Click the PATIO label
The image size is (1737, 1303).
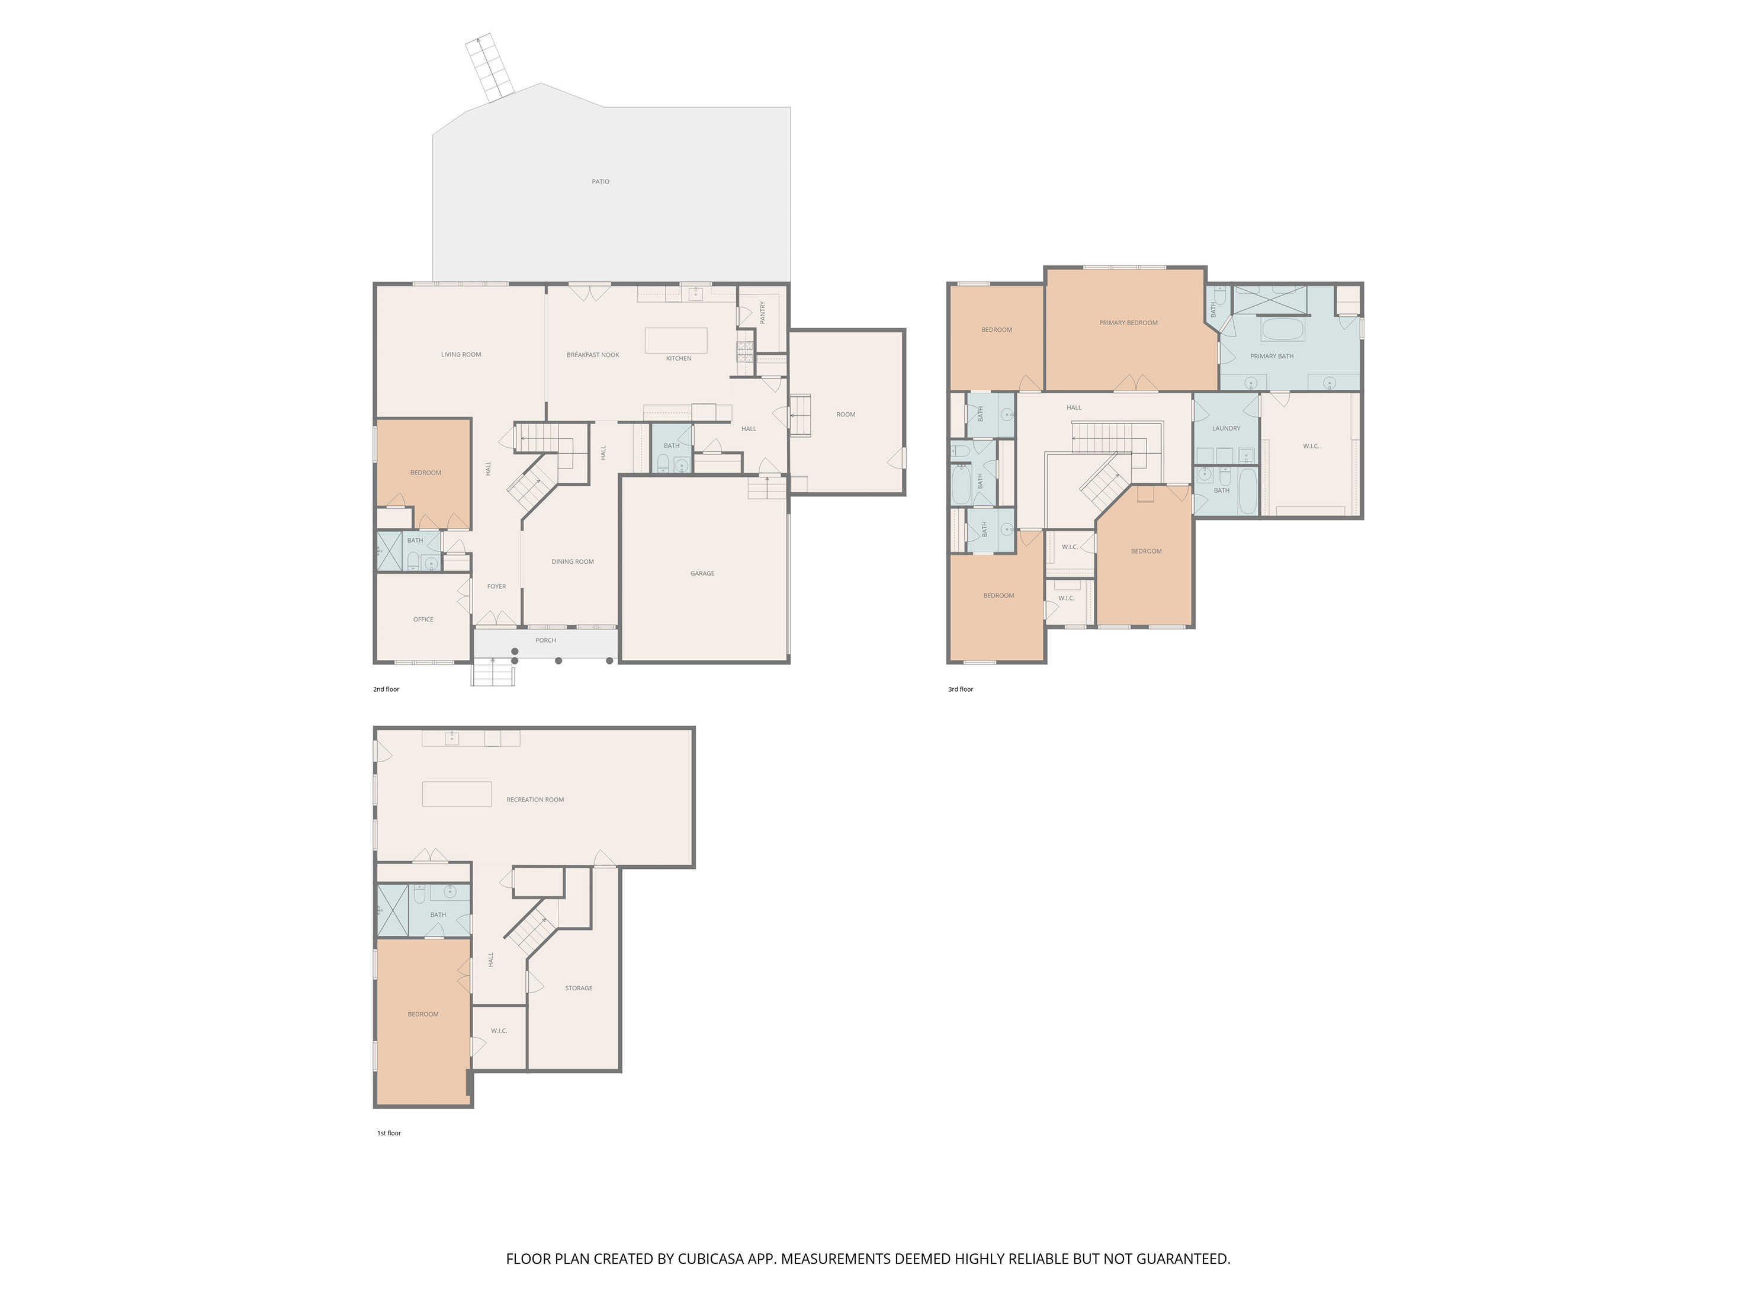point(601,181)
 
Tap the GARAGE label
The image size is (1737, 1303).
point(702,573)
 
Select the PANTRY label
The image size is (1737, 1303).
point(762,313)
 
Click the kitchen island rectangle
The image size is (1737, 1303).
point(676,340)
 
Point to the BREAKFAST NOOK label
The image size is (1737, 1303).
point(593,355)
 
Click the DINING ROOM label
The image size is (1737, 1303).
point(573,561)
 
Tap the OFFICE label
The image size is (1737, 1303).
point(423,620)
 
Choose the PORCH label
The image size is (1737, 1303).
point(546,640)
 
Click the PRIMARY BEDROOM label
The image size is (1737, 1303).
point(1128,323)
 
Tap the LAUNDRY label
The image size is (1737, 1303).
point(1226,428)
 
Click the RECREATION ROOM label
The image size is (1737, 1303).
point(535,800)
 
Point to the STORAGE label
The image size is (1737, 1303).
point(579,988)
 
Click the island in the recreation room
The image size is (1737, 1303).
point(457,794)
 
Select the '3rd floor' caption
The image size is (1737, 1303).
point(961,689)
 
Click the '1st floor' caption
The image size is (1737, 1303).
point(389,1134)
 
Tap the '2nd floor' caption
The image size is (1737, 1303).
point(386,689)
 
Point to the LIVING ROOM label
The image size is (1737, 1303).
point(461,354)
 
